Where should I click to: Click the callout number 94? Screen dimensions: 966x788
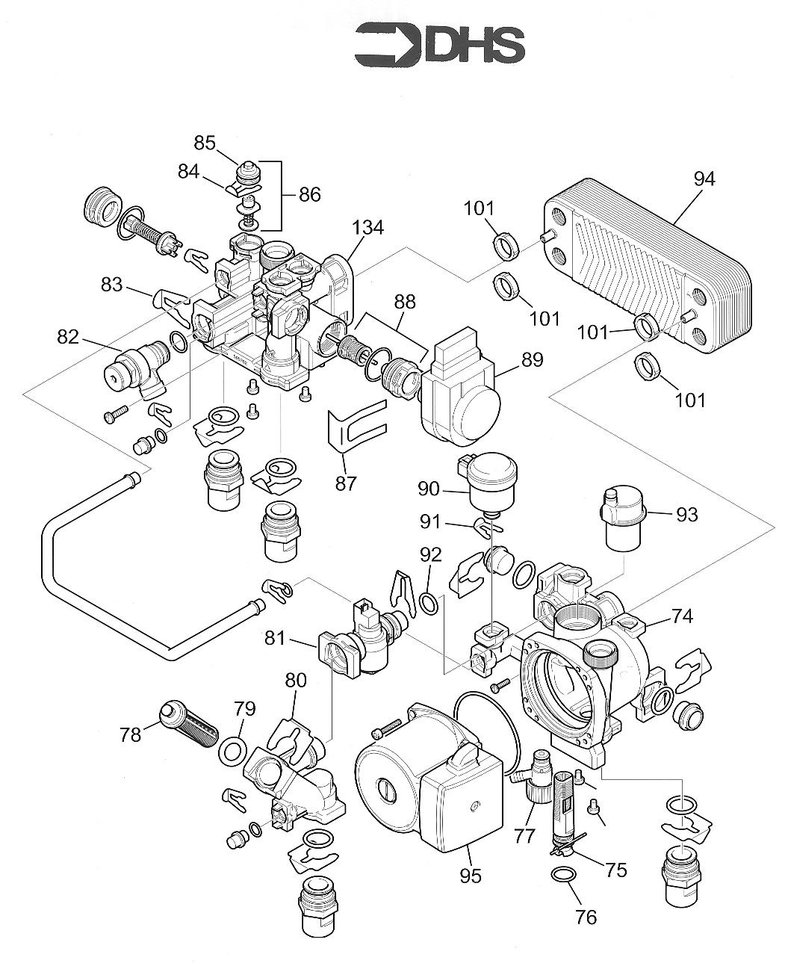tap(704, 179)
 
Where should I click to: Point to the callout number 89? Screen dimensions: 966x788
tap(533, 359)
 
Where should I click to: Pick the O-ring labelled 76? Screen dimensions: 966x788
tap(563, 875)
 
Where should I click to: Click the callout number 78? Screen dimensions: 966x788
tap(130, 734)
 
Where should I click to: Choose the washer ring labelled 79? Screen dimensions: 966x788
tap(234, 749)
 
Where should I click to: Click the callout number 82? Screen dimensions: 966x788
tap(67, 337)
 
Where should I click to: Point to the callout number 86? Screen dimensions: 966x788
tap(309, 195)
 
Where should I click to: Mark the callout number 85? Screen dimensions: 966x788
tap(205, 143)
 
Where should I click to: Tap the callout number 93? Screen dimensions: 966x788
tap(686, 514)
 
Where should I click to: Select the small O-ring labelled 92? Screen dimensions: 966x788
tap(429, 603)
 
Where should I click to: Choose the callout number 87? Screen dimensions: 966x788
tap(345, 483)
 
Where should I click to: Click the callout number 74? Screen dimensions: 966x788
tap(682, 616)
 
